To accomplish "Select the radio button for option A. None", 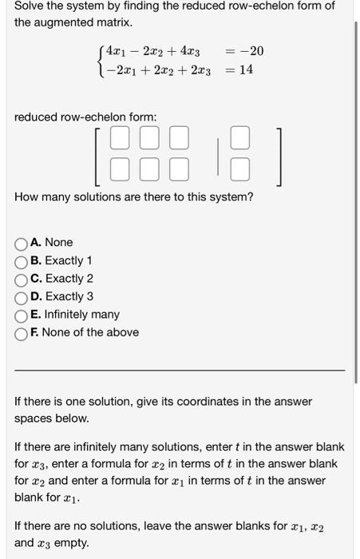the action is click(22, 243).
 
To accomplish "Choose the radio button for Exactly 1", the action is click(22, 261).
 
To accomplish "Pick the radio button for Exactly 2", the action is click(22, 279).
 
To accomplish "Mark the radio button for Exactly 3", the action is click(22, 297).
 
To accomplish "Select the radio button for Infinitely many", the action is click(22, 315).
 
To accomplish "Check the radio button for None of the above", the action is click(22, 333).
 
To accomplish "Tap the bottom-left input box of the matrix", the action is click(119, 168).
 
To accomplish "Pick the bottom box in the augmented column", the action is click(241, 168).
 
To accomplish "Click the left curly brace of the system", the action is click(99, 61).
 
